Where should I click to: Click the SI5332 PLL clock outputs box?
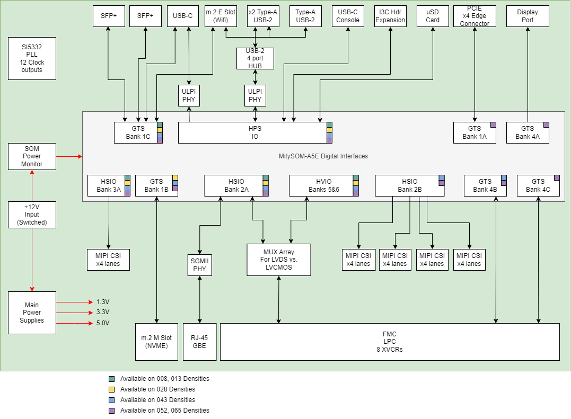[32, 58]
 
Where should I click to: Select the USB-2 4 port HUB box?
[256, 58]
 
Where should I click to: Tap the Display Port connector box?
[528, 16]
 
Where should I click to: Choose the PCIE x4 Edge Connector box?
[475, 16]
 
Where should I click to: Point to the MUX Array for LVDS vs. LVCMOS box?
[279, 260]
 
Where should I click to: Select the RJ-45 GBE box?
[199, 342]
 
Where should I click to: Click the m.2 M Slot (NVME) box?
[156, 342]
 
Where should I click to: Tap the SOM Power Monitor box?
[32, 156]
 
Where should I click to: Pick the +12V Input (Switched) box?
[32, 215]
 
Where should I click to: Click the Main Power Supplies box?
[32, 313]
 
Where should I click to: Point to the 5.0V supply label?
[103, 323]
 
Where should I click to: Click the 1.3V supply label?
[103, 301]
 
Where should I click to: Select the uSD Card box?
[433, 16]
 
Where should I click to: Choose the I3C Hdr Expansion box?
[390, 16]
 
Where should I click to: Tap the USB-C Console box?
[348, 16]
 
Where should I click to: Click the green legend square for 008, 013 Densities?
[111, 379]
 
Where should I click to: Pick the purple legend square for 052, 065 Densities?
[111, 411]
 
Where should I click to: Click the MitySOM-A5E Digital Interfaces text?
[323, 156]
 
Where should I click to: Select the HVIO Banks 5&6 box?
[321, 185]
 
